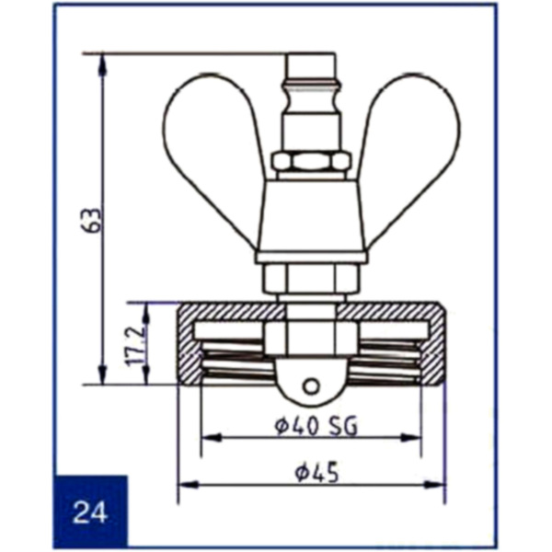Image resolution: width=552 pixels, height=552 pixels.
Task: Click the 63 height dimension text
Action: pos(91,221)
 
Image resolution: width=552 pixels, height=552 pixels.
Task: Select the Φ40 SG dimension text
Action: pos(316,426)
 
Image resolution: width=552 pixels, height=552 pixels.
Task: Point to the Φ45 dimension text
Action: pos(316,472)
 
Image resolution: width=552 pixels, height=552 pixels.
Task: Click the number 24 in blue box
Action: pos(90,512)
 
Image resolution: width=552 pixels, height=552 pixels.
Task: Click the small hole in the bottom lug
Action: pos(311,387)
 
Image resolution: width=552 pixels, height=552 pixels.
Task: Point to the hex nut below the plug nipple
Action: pos(312,161)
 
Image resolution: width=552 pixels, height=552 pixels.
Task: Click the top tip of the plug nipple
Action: pos(310,54)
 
